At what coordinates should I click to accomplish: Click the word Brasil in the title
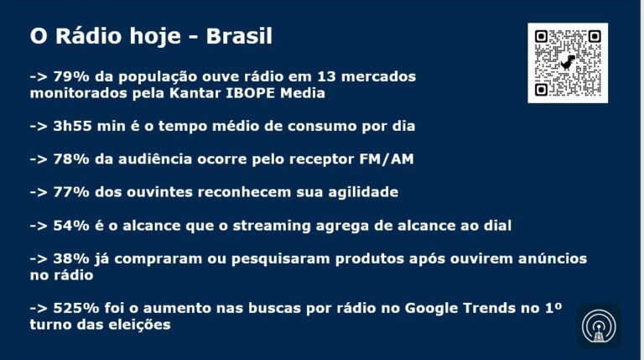tap(239, 36)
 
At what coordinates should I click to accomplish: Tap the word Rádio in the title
tap(89, 36)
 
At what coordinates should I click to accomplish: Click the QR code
tap(568, 63)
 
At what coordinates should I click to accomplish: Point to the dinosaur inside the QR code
tap(568, 62)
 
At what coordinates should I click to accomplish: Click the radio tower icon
tap(599, 326)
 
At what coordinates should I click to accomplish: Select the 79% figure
tap(71, 76)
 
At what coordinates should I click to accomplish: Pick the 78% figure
tap(71, 159)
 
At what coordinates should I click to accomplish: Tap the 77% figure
tap(71, 192)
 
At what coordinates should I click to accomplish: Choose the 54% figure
tap(71, 225)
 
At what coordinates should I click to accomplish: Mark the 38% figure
tap(71, 258)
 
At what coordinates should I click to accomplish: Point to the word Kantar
tap(195, 93)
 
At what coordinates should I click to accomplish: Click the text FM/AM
tap(387, 159)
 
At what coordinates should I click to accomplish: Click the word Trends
tap(489, 308)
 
